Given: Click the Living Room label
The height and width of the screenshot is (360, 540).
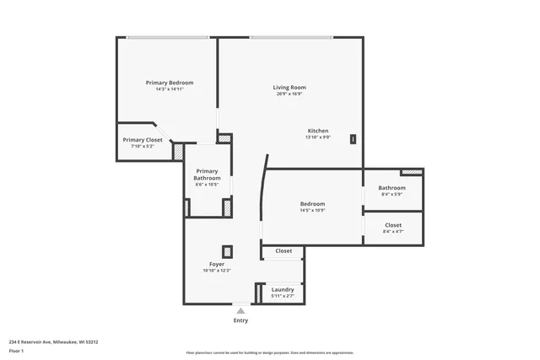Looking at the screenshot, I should [289, 88].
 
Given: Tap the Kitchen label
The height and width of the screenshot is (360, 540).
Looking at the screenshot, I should [317, 131].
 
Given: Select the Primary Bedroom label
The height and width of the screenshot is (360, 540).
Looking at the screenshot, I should [169, 83].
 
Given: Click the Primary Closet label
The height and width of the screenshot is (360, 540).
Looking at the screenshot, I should [143, 140].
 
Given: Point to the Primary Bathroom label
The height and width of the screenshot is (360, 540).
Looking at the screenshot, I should [207, 175].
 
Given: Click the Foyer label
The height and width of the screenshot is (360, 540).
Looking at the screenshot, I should [217, 265].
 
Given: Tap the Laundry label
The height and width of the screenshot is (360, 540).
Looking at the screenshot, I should [283, 290].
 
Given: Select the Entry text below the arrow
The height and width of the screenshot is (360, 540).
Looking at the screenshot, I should [240, 320].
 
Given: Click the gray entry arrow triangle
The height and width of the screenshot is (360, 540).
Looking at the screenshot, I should [240, 310].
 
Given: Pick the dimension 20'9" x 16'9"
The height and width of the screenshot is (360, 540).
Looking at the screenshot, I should [289, 94].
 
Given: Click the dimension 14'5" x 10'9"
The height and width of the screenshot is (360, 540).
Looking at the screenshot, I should [312, 210].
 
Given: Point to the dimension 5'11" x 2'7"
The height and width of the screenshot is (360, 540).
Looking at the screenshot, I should [283, 296].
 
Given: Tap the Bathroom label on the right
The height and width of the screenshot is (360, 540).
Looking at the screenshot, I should [391, 188].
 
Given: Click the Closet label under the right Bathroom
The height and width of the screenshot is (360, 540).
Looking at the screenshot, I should [393, 225].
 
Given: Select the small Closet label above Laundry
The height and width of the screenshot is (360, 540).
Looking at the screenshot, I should [283, 250].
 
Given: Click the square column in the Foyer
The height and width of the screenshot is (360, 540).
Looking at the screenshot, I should [227, 250].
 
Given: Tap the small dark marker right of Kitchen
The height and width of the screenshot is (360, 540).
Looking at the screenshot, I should [353, 139].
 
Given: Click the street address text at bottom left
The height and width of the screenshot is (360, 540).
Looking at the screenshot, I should [53, 342].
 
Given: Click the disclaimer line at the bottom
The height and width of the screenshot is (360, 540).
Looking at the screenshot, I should [269, 352].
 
